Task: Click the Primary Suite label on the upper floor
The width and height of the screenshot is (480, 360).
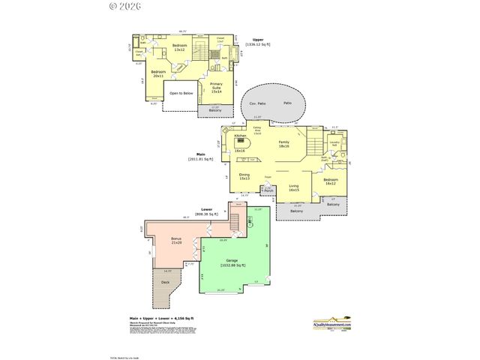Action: coord(216,87)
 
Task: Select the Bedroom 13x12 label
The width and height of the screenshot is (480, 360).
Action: coord(180,48)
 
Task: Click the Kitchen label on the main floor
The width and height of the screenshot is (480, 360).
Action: coord(241,136)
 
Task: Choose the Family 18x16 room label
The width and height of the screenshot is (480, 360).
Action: coord(283,144)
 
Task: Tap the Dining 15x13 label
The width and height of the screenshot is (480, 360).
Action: coord(244,177)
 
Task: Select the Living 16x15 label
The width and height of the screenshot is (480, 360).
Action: coord(294,188)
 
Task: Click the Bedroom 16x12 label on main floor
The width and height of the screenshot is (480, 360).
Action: coord(331,181)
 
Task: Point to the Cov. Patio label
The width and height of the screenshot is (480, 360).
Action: coord(259,103)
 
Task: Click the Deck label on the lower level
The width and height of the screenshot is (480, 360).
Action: coord(165,282)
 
